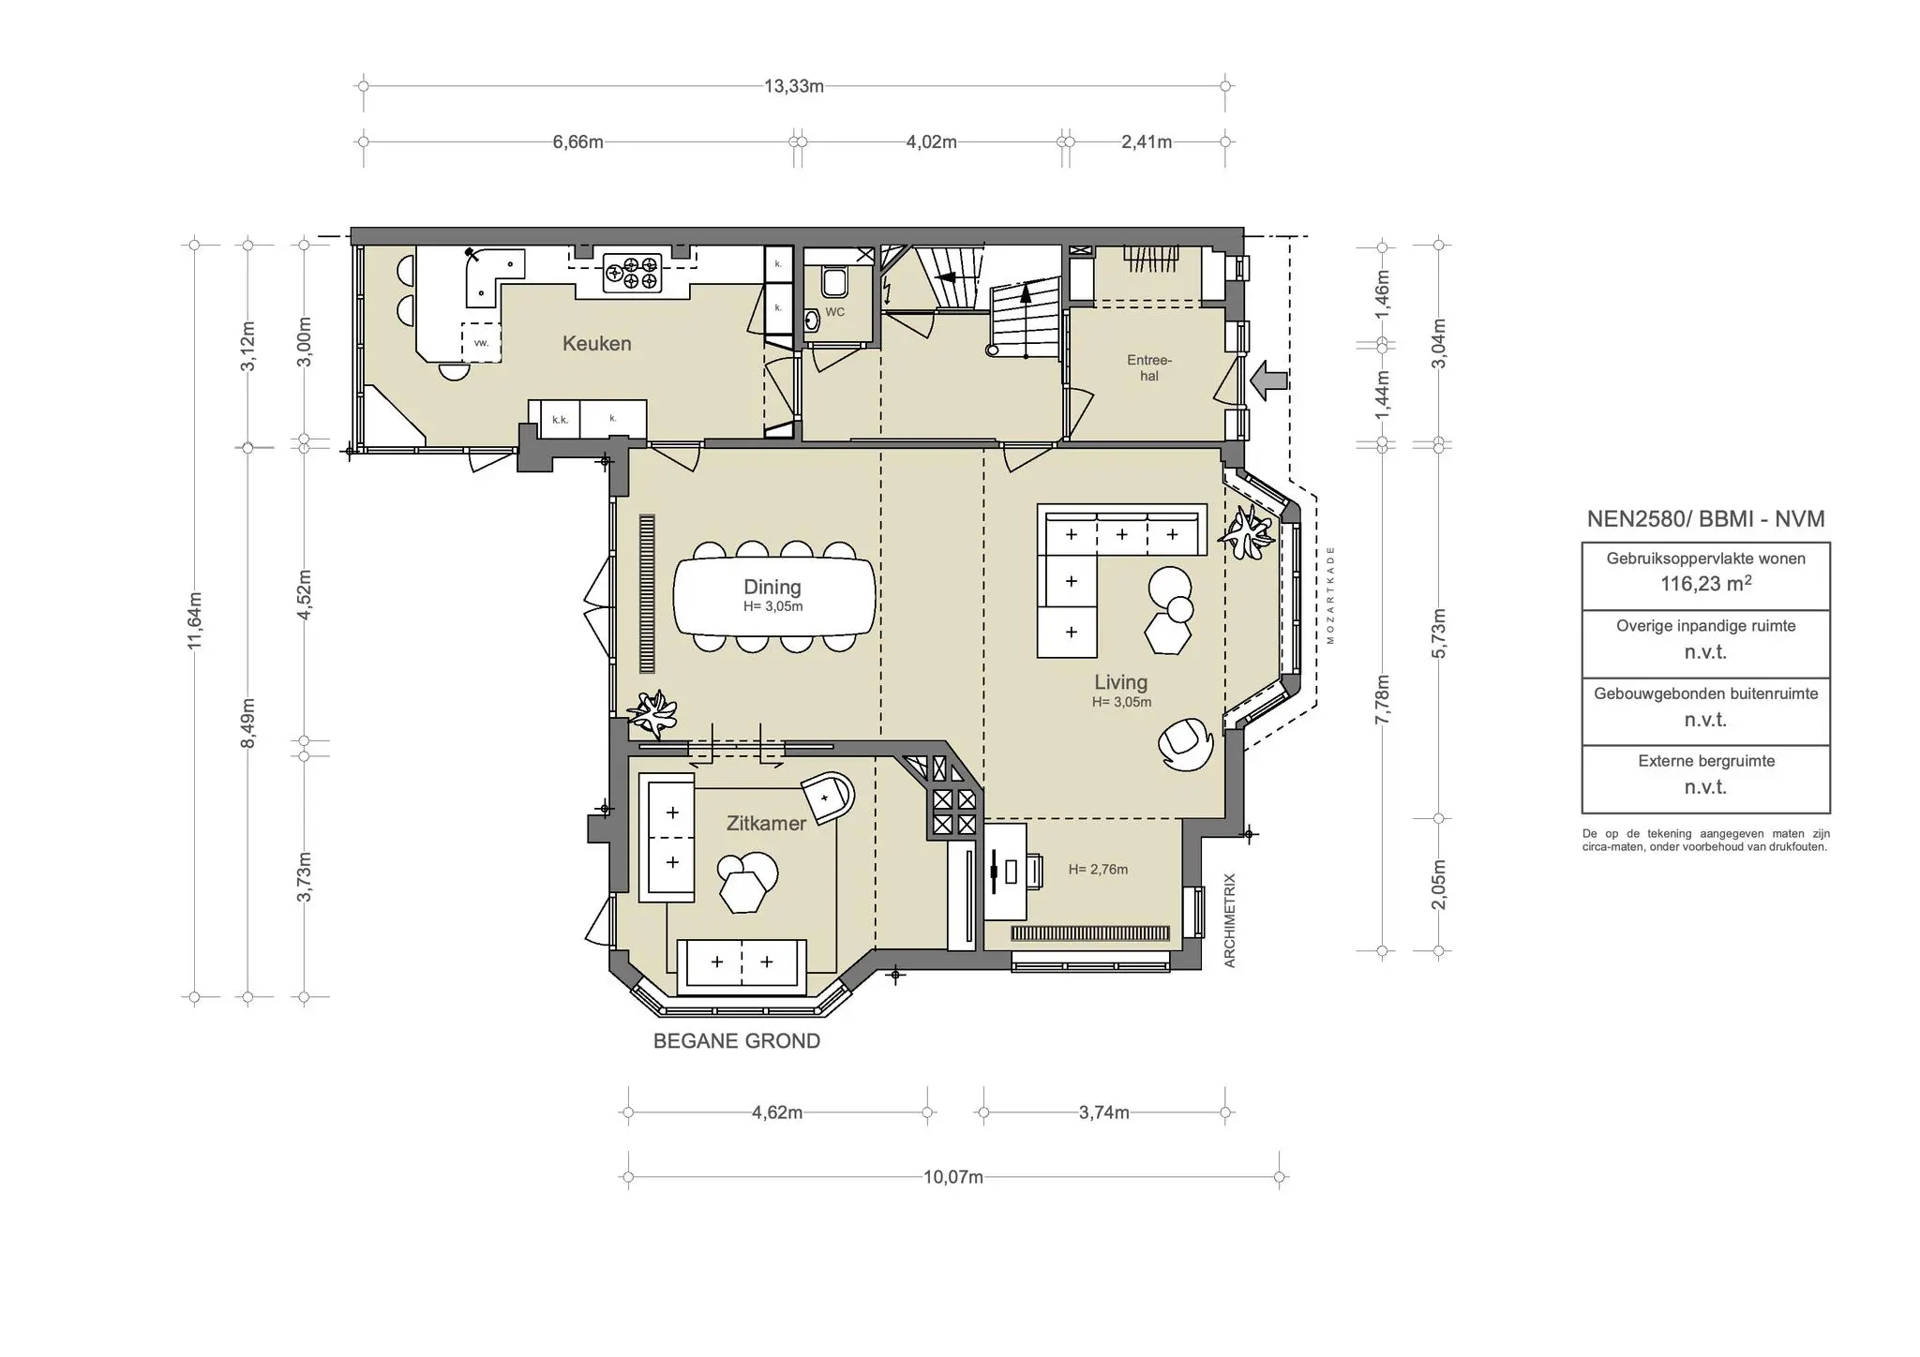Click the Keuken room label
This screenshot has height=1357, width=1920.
click(x=596, y=344)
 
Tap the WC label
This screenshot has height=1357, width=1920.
click(x=834, y=312)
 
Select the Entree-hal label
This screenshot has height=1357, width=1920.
click(x=1149, y=367)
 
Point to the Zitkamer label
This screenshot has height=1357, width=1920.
click(x=766, y=824)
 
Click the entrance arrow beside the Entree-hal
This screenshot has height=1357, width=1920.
click(x=1269, y=380)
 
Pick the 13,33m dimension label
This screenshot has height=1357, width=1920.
click(x=794, y=86)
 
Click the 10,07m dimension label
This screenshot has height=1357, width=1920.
click(x=953, y=1177)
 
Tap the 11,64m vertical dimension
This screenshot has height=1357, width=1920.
click(x=195, y=619)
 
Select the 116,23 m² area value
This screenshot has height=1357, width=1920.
click(x=1705, y=583)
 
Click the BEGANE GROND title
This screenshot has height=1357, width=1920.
click(x=737, y=1041)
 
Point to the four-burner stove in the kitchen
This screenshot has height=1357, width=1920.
click(x=632, y=273)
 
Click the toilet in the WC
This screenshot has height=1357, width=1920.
click(x=833, y=280)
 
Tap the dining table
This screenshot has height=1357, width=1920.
click(x=774, y=596)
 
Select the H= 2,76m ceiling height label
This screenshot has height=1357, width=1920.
click(x=1098, y=870)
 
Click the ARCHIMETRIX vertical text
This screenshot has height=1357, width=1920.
click(x=1230, y=920)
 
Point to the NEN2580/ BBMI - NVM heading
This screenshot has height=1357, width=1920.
click(x=1705, y=519)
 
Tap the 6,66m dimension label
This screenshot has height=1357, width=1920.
click(x=577, y=142)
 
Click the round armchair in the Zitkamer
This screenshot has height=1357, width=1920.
click(x=829, y=798)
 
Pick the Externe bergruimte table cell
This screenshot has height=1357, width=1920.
click(x=1705, y=780)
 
